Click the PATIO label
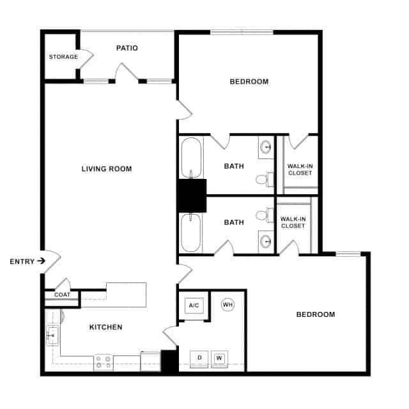(127, 48)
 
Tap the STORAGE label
(63, 57)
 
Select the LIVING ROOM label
(107, 169)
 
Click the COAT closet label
(62, 295)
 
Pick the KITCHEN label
(105, 327)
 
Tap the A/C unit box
(194, 305)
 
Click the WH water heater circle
(228, 305)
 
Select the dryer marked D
(199, 357)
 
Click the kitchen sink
(52, 334)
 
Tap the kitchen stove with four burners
(104, 362)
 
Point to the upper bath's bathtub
(191, 158)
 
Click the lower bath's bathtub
(191, 231)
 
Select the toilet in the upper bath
(261, 178)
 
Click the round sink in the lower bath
(266, 240)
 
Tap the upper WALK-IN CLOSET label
(300, 169)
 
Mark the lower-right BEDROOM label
(316, 314)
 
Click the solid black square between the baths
(192, 196)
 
